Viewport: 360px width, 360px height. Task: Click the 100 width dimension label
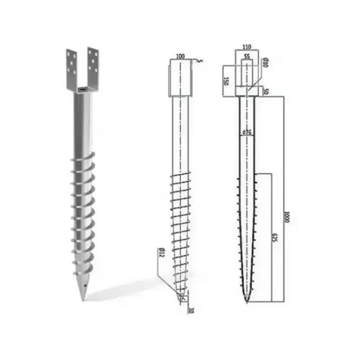[179, 57]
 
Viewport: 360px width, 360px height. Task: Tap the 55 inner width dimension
[247, 57]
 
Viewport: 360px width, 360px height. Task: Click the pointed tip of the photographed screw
[84, 299]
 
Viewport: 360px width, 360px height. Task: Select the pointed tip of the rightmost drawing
[247, 302]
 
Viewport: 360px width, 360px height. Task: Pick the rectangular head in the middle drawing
[179, 79]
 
